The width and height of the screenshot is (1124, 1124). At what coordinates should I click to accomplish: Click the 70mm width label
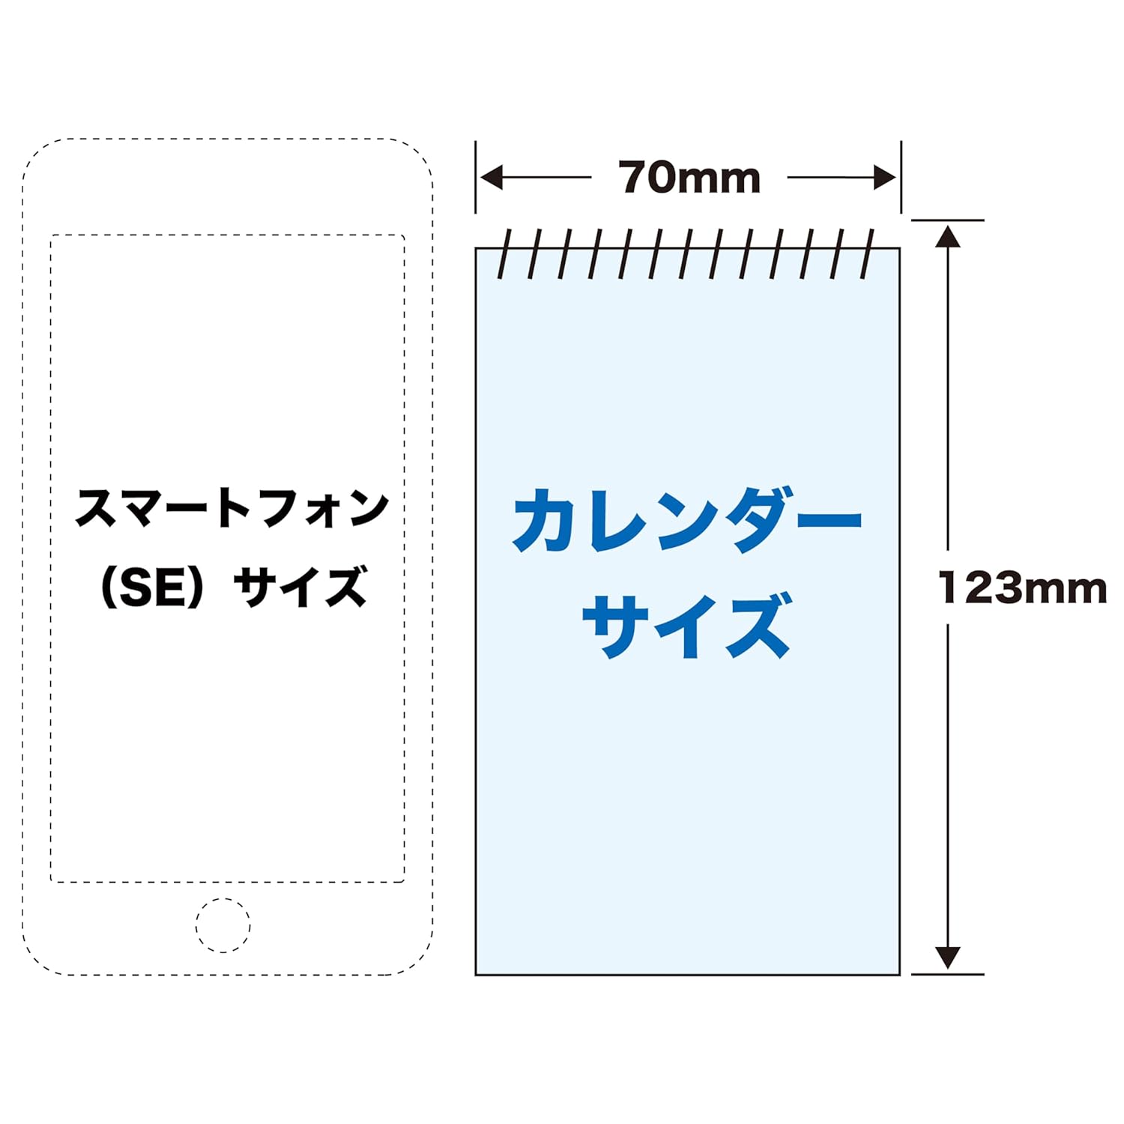(689, 178)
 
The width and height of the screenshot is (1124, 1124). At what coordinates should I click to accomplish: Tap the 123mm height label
(1023, 587)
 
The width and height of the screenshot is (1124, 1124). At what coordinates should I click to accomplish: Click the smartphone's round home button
(223, 925)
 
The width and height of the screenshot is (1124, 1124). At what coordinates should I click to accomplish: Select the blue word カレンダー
(687, 520)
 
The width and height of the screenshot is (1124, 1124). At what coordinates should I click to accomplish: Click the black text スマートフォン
(232, 508)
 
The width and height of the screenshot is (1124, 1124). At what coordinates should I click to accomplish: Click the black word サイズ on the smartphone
(300, 587)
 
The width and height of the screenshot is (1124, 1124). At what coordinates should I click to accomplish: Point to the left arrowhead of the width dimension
(492, 178)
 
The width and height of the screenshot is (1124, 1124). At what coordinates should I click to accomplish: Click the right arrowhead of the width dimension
(885, 178)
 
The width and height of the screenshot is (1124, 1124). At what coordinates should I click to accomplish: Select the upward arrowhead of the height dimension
(948, 237)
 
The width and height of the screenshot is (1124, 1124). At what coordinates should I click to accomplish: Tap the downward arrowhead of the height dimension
(948, 957)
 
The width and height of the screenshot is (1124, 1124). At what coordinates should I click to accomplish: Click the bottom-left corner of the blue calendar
(477, 974)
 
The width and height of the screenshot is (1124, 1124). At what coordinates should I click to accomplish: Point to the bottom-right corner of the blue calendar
(899, 974)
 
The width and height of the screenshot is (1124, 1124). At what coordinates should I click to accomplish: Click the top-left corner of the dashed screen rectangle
(52, 236)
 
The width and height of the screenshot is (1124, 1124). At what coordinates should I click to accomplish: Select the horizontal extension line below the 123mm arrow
(947, 974)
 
